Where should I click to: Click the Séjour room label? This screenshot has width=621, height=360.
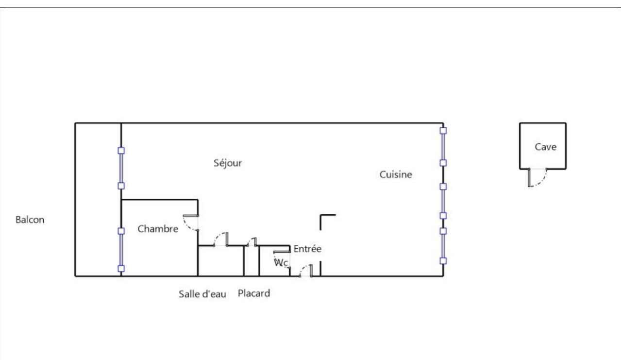[x=228, y=163]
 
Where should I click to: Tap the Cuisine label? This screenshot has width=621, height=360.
[x=396, y=174]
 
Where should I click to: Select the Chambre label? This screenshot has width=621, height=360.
[x=158, y=229]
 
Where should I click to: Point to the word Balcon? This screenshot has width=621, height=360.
[x=30, y=220]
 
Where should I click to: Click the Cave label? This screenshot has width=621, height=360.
[x=546, y=147]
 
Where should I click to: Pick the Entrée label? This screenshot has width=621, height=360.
[x=307, y=249]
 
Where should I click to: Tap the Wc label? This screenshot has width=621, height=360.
[x=281, y=262]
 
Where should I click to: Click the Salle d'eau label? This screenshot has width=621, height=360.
[x=202, y=294]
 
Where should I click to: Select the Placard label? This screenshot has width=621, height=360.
[x=254, y=293]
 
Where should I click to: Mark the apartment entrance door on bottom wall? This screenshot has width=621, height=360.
[x=306, y=271]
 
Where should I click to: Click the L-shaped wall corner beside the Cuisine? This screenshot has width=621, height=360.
[x=321, y=215]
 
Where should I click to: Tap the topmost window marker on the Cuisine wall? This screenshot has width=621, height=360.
[x=443, y=131]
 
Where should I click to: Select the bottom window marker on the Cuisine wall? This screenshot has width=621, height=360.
[x=443, y=261]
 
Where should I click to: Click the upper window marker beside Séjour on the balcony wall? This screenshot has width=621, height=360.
[x=121, y=151]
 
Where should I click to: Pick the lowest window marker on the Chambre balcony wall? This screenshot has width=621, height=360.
[x=121, y=269]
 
